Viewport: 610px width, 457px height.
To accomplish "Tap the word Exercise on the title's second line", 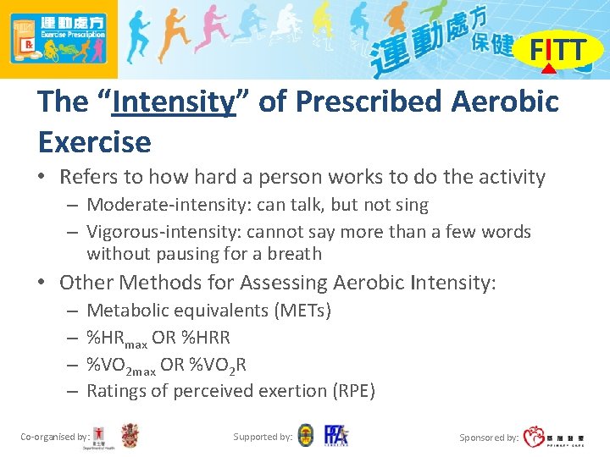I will pos(94,141).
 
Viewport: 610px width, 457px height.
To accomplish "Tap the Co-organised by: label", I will pos(55,437).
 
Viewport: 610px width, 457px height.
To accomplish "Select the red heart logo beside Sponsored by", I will pos(534,437).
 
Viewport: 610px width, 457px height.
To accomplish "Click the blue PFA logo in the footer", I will pos(335,436).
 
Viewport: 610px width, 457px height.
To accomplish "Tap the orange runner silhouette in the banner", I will pos(174,38).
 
